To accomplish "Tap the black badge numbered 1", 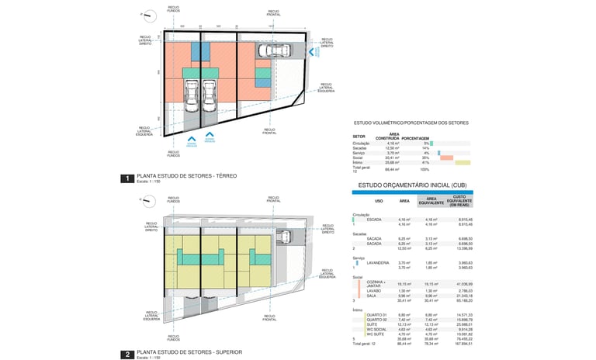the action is click(x=126, y=178).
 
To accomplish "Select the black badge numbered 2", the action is click(x=126, y=355).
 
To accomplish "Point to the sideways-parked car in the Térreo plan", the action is click(x=272, y=51).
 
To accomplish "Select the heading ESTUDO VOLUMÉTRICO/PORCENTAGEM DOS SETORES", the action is click(x=411, y=123).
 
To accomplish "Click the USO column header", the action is click(x=379, y=200).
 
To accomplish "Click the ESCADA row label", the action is click(x=374, y=220).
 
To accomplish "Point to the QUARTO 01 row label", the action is click(x=377, y=314).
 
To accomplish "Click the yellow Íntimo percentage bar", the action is click(x=463, y=162).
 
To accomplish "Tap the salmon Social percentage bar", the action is click(x=446, y=157).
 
